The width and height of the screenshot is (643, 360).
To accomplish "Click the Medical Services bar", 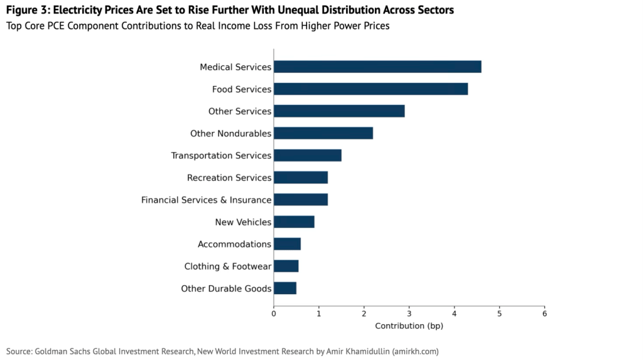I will (x=377, y=67).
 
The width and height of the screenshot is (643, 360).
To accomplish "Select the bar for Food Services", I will (x=370, y=89).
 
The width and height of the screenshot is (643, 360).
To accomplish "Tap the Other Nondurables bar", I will (x=323, y=133).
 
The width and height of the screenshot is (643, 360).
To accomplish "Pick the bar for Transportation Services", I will (x=308, y=155).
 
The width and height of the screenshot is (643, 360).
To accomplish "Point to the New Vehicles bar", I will (x=294, y=222).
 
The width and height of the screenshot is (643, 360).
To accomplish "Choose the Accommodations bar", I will (x=287, y=244).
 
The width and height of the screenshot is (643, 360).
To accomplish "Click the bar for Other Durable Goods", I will (x=285, y=288).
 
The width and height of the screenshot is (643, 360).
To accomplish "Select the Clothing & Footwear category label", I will (x=227, y=266).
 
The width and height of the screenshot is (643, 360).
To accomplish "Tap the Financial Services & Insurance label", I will (x=206, y=200).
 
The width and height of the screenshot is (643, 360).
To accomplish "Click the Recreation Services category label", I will (x=229, y=178).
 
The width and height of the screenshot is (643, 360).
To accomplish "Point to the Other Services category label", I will (x=240, y=111).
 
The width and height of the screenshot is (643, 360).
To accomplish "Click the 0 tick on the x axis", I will (x=274, y=313).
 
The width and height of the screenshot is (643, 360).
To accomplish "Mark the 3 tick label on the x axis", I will (x=409, y=313).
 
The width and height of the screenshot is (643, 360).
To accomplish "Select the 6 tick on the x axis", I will (x=544, y=313).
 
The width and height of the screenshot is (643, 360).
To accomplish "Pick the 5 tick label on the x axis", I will (x=499, y=313).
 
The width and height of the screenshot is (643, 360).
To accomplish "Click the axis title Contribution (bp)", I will (x=409, y=326).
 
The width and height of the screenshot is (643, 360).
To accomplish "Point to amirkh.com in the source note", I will (x=414, y=351).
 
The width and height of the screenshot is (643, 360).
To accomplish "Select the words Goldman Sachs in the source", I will (x=63, y=351).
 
